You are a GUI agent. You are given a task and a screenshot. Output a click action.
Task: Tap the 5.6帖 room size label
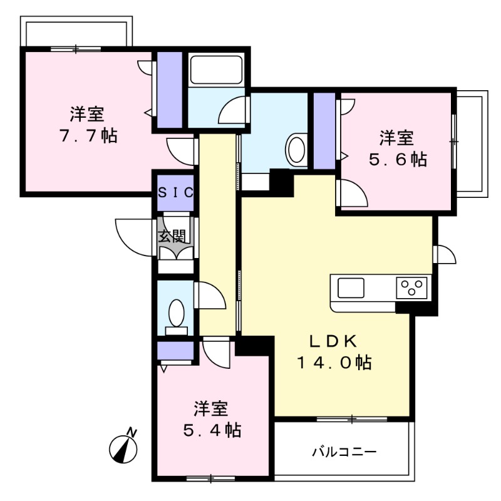pyautogui.click(x=396, y=159)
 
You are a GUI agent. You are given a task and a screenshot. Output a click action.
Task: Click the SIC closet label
pyautogui.click(x=175, y=193)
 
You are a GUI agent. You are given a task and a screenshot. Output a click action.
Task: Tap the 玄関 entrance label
pyautogui.click(x=171, y=236)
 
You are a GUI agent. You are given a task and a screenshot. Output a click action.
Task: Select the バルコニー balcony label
pyautogui.click(x=344, y=452)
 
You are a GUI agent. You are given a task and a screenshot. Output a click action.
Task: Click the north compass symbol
pyautogui.click(x=124, y=447)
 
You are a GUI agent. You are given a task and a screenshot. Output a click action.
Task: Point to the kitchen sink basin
pyautogui.click(x=351, y=288)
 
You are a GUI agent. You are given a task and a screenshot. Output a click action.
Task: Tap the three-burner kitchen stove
pyautogui.click(x=412, y=288)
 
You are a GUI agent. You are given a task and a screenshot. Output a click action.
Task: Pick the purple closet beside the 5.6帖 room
pyautogui.click(x=324, y=131)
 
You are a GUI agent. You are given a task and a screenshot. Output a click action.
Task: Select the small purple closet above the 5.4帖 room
pyautogui.click(x=175, y=351)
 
